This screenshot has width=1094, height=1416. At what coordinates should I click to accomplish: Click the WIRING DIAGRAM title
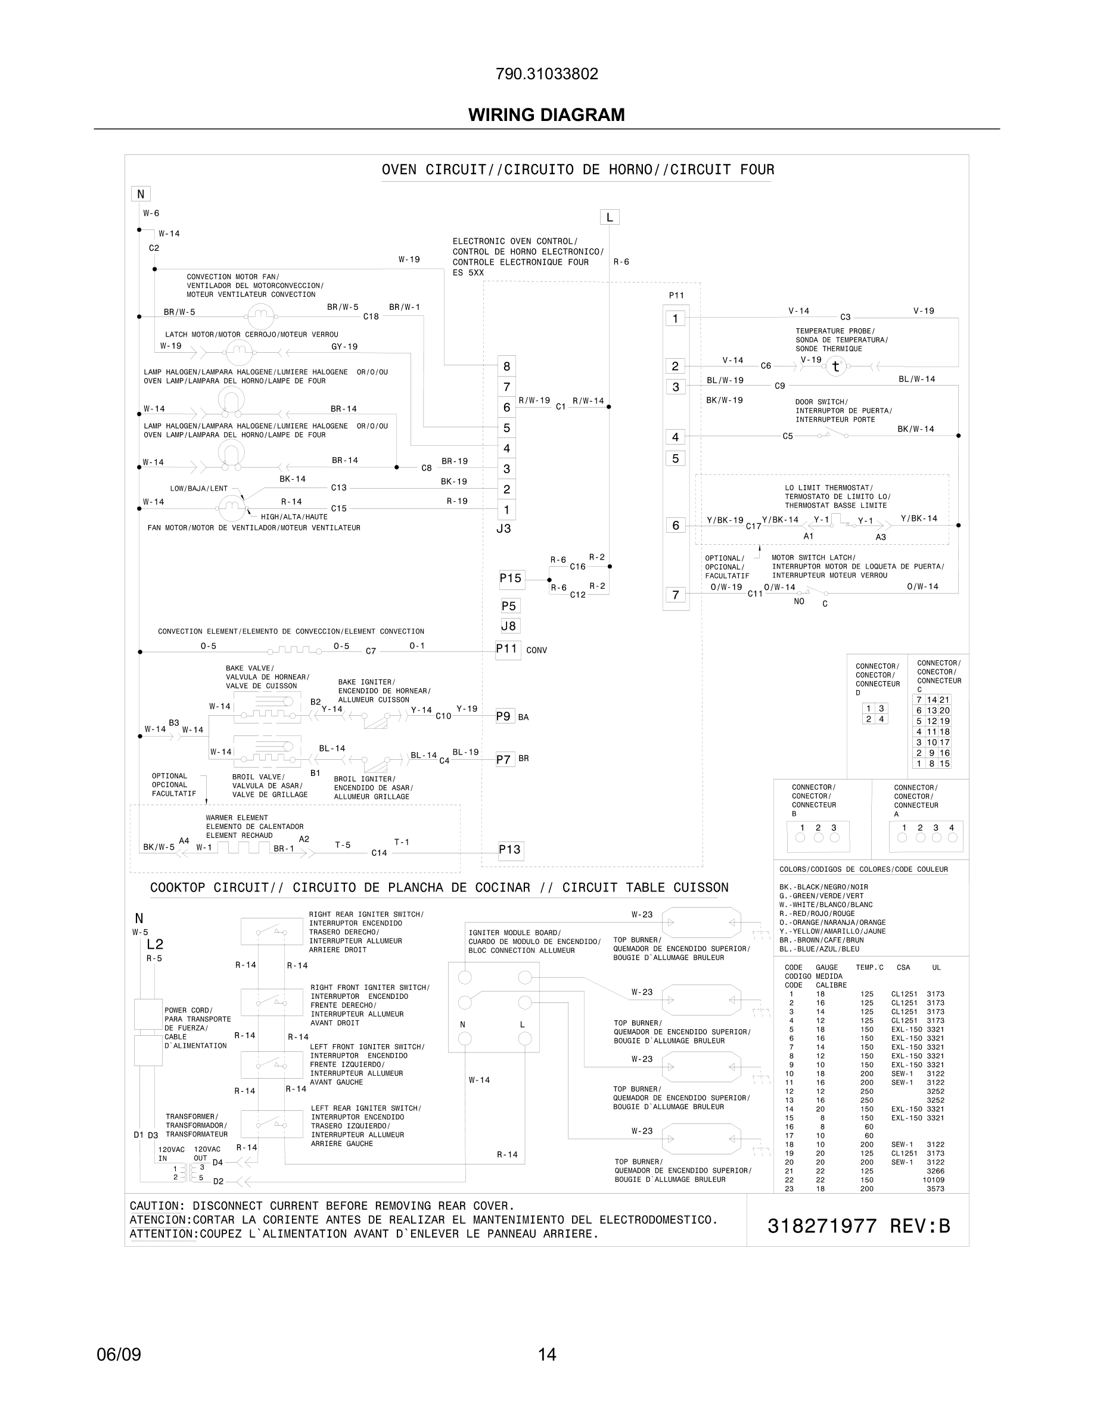[x=546, y=115]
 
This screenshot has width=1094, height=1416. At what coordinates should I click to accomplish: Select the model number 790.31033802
[x=546, y=74]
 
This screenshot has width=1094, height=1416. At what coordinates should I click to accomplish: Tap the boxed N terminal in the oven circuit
[x=140, y=194]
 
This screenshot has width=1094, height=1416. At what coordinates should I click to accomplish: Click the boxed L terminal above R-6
[x=609, y=217]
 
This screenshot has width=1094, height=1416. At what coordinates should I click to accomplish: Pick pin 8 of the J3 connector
[x=506, y=367]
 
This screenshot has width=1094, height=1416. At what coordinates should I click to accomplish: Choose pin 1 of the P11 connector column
[x=675, y=318]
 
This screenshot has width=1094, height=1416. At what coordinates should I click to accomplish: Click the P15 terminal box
[x=511, y=578]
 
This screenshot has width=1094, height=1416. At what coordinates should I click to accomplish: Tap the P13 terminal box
[x=510, y=850]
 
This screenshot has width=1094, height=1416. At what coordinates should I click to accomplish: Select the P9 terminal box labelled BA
[x=504, y=716]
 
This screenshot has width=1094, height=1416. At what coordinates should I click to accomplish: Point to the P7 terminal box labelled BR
[x=504, y=759]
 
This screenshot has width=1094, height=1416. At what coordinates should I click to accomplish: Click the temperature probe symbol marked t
[x=835, y=367]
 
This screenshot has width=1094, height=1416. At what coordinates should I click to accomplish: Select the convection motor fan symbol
[x=260, y=316]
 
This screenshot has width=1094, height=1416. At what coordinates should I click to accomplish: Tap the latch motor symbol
[x=238, y=353]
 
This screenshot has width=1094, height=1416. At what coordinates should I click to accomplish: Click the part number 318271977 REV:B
[x=858, y=1226]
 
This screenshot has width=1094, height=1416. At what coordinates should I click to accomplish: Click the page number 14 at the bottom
[x=547, y=1355]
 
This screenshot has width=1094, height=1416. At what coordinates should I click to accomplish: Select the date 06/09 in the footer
[x=119, y=1355]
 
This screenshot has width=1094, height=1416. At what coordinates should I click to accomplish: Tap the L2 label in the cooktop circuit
[x=155, y=945]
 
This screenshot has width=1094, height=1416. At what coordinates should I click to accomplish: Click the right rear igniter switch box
[x=272, y=931]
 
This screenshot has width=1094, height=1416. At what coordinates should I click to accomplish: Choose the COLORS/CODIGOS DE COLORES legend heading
[x=863, y=870]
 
